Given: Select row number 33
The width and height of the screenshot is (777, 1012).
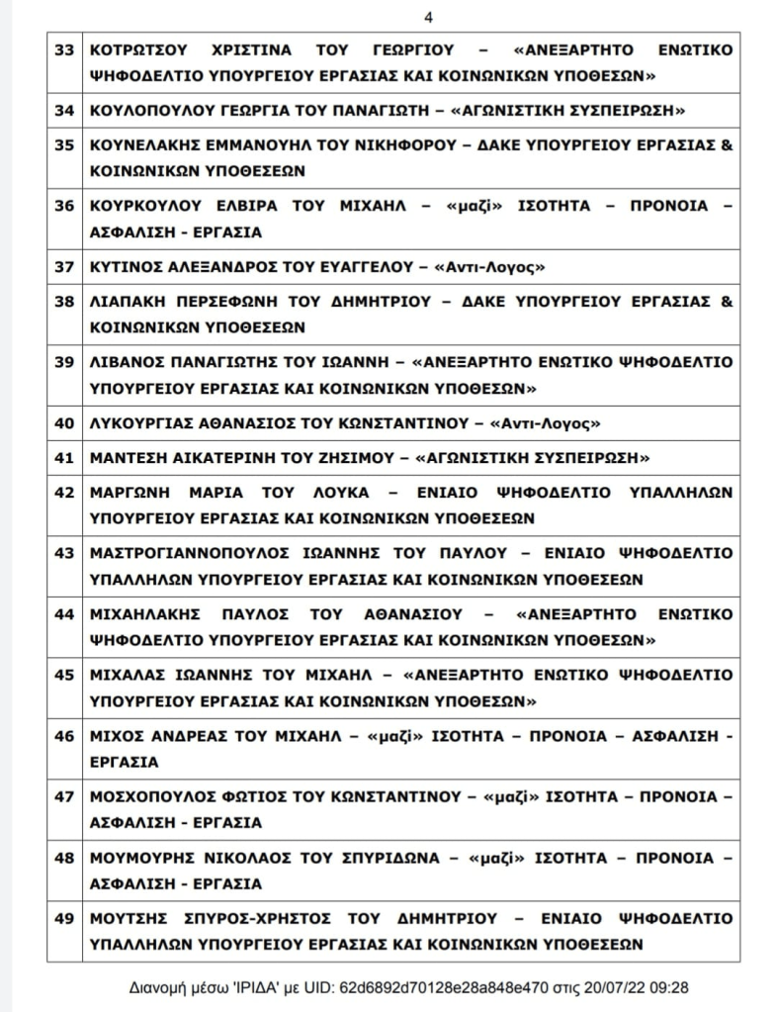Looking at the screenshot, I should (x=64, y=50).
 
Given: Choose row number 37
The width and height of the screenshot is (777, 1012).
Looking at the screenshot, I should (x=64, y=267).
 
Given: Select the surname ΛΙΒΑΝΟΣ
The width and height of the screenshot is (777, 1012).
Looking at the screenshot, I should (x=122, y=362).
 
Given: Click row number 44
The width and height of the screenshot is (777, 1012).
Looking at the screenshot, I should (x=64, y=614).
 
